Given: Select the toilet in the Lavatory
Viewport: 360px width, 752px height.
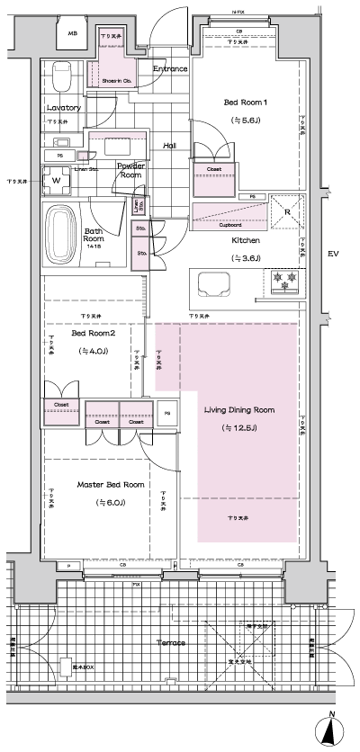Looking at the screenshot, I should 61,78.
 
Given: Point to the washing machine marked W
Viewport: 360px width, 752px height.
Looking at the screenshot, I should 57,180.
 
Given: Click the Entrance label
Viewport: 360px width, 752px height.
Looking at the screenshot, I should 169,69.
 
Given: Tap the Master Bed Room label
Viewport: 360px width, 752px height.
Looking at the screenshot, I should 109,484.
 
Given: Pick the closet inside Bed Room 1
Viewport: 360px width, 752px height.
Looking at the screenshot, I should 215,168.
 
